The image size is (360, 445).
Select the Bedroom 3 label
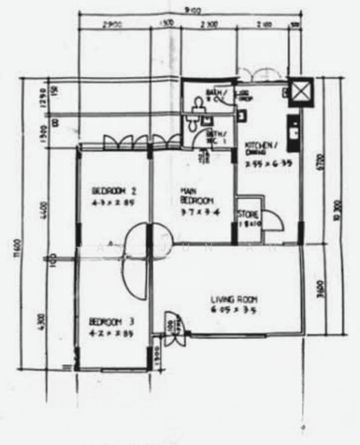[111, 322]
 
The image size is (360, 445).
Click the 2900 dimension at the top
[114, 24]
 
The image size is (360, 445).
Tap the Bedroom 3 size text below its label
[111, 333]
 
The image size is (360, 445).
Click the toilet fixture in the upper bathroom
[194, 111]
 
